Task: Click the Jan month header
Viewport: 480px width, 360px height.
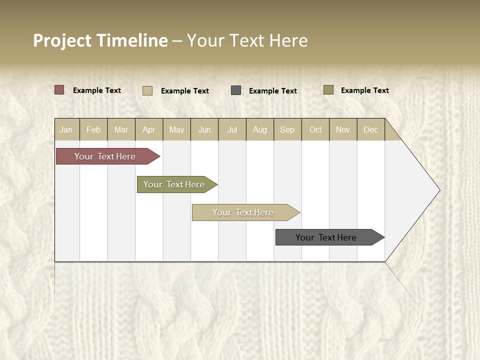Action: [x=66, y=129]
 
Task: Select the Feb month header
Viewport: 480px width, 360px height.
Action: [x=93, y=129]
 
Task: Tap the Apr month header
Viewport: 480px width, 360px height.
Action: [x=149, y=129]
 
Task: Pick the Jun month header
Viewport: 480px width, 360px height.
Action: [x=204, y=129]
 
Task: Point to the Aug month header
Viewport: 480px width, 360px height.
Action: [x=260, y=129]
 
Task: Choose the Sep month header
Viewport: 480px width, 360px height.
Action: [x=287, y=129]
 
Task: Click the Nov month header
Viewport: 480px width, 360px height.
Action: [x=343, y=129]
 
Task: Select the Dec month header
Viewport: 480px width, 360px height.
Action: [x=371, y=129]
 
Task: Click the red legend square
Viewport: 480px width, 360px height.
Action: [x=59, y=90]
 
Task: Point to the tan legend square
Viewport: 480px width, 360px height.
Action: [x=147, y=90]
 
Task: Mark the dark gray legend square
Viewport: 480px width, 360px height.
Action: [x=236, y=90]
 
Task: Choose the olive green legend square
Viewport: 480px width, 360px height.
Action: [x=328, y=90]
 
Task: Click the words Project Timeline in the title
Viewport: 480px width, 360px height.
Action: [x=100, y=40]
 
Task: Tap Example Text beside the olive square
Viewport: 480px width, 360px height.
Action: [x=364, y=90]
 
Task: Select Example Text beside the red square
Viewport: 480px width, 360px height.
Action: [x=97, y=90]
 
